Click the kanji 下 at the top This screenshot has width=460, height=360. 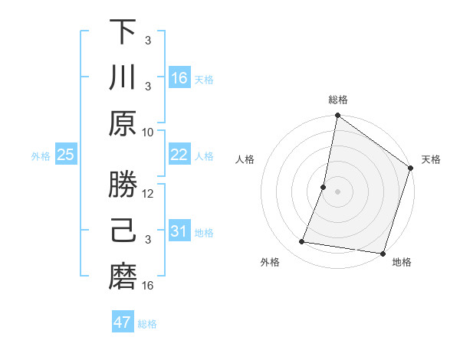[x=123, y=32]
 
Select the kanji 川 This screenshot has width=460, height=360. [x=123, y=77]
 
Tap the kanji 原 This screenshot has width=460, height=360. [x=123, y=123]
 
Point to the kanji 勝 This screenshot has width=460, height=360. [x=123, y=185]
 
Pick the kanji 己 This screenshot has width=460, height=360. [x=123, y=231]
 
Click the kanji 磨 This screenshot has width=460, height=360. [x=123, y=276]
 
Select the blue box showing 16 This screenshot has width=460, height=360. [x=179, y=78]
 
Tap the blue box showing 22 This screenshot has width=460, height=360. [x=179, y=155]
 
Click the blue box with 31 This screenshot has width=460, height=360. [x=179, y=231]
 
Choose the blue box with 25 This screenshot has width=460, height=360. [x=66, y=155]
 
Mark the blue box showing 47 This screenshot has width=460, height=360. [x=123, y=322]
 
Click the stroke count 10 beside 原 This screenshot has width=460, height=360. [x=148, y=132]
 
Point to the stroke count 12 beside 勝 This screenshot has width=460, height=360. [x=148, y=194]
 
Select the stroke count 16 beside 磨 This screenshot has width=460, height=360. [x=148, y=286]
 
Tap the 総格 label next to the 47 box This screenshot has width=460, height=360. [x=147, y=324]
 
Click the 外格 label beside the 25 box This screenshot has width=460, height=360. [x=41, y=156]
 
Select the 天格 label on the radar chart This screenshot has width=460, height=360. [x=431, y=159]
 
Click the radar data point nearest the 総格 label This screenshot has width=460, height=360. [x=337, y=116]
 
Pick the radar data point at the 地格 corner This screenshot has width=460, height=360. [x=382, y=253]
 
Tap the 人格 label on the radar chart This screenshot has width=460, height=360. [x=245, y=159]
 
